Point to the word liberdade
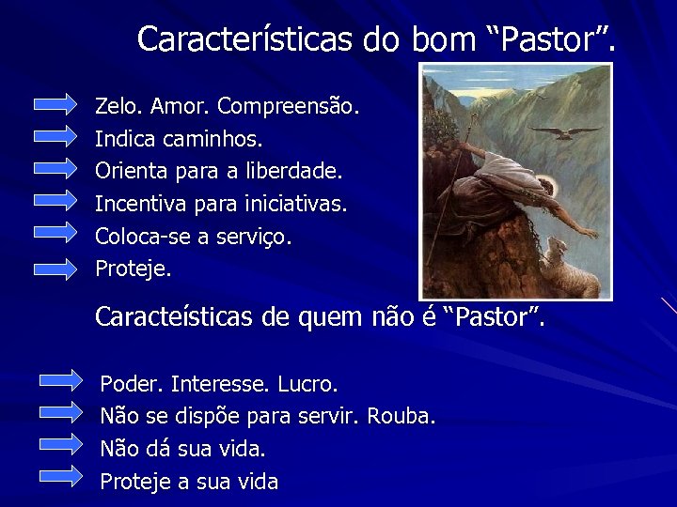tap(298, 172)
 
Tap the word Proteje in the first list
tap(133, 269)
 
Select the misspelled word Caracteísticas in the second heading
tap(174, 317)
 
